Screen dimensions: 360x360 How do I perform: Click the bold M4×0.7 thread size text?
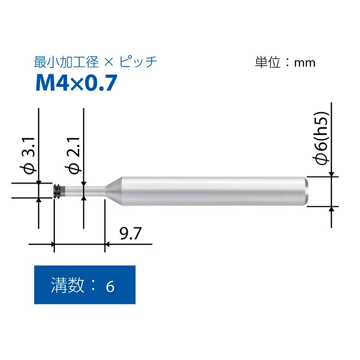pos(76,83)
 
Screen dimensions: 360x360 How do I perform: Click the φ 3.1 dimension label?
pos(28,156)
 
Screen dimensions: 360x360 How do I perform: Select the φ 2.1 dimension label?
pos(73,156)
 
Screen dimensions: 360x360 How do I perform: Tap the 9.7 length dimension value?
pos(130,234)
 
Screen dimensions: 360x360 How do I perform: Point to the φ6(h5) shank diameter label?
pos(321,138)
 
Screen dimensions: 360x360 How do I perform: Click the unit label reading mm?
pos(305,63)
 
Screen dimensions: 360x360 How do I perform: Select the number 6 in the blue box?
pos(110,286)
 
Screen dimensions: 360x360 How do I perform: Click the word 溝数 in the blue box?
pos(67,285)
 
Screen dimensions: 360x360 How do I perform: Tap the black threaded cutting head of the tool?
pos(57,190)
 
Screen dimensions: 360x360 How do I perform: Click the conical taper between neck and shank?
pos(113,191)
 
